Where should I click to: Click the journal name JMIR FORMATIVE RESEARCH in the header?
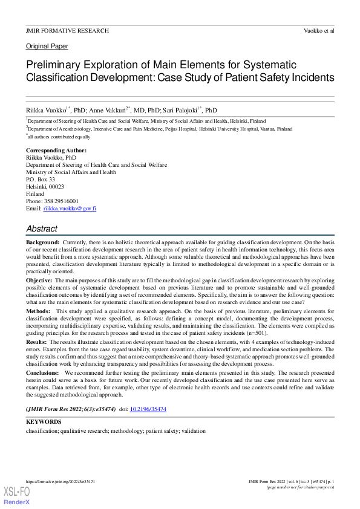click(x=67, y=30)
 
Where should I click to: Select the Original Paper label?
click(x=47, y=46)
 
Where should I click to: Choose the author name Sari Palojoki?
click(x=180, y=111)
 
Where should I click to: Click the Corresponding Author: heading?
click(x=56, y=150)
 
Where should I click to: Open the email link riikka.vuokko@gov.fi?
click(x=70, y=208)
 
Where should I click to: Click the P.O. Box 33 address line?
click(x=41, y=180)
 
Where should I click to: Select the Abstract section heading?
click(x=42, y=229)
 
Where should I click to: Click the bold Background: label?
click(x=42, y=241)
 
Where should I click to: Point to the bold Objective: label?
click(x=39, y=281)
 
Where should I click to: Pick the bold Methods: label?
click(x=38, y=310)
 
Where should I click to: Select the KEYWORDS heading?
click(x=44, y=421)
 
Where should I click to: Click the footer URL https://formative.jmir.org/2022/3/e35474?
click(x=60, y=482)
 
